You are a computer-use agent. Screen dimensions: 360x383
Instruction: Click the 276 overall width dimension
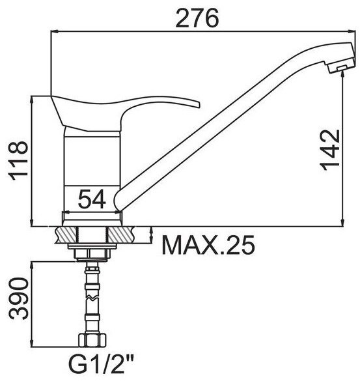[x=197, y=18]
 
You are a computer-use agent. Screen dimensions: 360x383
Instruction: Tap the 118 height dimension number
[x=18, y=160]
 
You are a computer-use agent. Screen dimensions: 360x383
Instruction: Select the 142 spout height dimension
[x=330, y=150]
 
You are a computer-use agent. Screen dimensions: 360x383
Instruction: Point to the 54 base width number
[x=92, y=199]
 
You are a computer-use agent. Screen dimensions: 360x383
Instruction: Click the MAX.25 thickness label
[x=208, y=245]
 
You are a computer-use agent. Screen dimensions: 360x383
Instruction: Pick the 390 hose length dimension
[x=18, y=298]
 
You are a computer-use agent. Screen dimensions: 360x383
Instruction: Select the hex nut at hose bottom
[x=92, y=340]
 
